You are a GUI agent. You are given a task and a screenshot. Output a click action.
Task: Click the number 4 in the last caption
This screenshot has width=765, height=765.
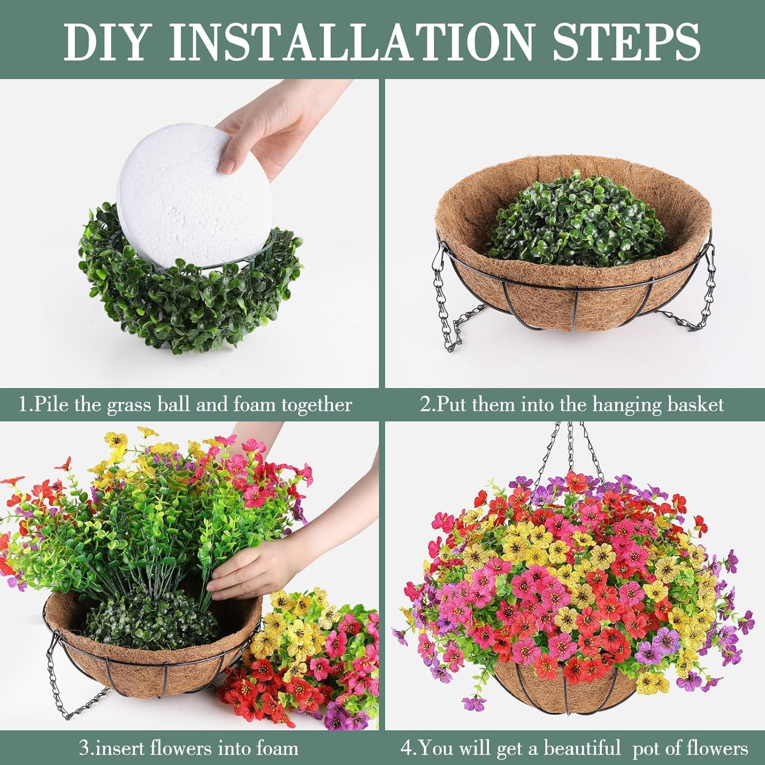pos(406,749)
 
